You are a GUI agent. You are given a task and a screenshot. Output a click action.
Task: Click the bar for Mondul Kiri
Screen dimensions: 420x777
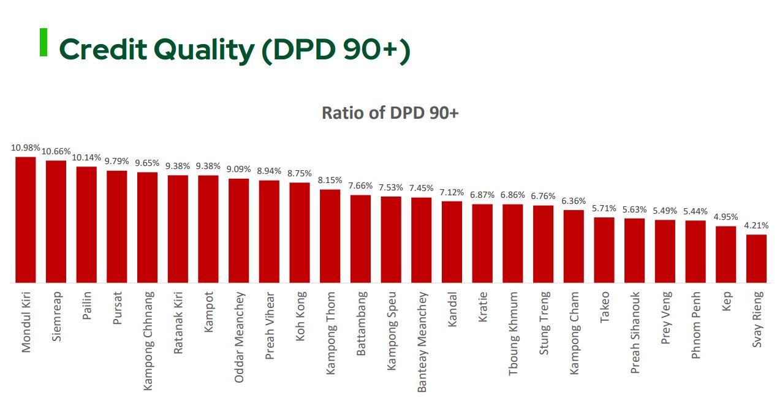click(26, 220)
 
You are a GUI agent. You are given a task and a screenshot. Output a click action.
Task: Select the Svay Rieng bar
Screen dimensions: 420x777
click(756, 258)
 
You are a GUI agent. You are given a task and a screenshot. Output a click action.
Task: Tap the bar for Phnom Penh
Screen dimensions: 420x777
click(696, 252)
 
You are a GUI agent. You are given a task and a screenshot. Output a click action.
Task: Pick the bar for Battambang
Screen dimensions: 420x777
click(360, 239)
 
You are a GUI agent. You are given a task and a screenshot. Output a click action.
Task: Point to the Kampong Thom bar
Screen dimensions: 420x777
click(330, 236)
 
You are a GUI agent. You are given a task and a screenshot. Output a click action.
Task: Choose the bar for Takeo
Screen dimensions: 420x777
click(604, 250)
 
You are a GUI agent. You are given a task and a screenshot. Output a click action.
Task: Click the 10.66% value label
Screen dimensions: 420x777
click(56, 151)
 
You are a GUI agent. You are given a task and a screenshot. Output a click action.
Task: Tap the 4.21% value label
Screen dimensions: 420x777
click(756, 225)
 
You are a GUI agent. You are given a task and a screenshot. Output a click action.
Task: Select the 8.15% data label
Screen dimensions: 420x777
click(330, 181)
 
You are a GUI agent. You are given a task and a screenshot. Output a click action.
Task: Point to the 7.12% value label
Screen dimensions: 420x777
click(452, 192)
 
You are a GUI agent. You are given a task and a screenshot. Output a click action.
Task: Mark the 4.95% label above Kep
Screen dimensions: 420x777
click(726, 217)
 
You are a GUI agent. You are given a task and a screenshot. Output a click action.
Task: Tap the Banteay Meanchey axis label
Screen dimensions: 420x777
click(422, 342)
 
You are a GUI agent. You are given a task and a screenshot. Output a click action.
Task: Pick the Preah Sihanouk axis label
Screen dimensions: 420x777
click(635, 332)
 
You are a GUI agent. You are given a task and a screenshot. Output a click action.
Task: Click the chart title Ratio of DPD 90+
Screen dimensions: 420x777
click(390, 113)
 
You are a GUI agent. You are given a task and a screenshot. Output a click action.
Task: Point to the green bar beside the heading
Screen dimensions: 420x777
click(44, 42)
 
